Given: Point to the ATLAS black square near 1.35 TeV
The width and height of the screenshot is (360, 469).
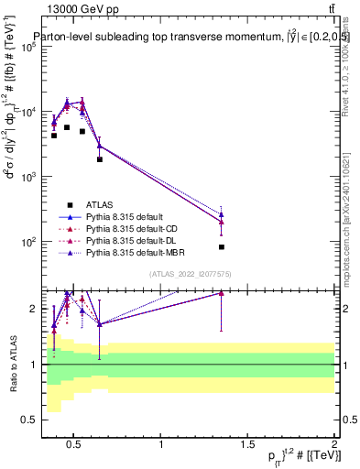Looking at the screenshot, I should [222, 247].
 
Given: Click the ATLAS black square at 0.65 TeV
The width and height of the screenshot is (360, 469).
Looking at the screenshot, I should [100, 159].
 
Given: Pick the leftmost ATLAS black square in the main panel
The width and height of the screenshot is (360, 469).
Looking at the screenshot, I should [54, 136].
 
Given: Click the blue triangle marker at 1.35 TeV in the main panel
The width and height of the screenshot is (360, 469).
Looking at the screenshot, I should [222, 213].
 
